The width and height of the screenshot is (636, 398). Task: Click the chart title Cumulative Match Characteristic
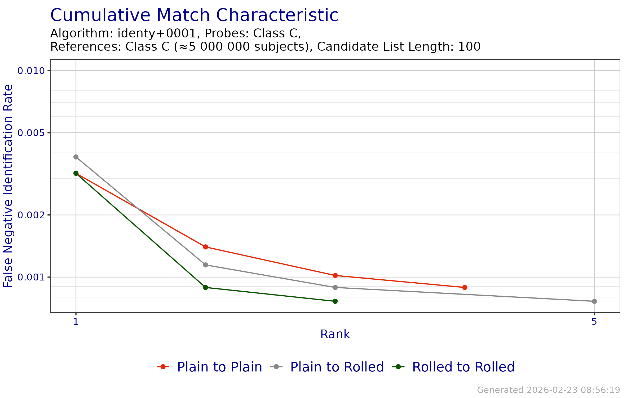194,15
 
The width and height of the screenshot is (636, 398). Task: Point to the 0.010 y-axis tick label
31,71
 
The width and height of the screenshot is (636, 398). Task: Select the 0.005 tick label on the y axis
31,133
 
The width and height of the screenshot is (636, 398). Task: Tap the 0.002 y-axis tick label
31,215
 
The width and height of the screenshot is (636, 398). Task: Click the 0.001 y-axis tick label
31,277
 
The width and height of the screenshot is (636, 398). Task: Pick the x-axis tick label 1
76,322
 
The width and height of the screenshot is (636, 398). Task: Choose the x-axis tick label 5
594,322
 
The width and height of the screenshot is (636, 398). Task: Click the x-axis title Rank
335,334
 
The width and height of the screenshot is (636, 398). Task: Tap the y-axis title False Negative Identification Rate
8,186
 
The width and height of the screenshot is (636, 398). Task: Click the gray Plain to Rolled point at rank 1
76,157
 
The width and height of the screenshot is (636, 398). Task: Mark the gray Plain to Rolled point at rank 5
594,301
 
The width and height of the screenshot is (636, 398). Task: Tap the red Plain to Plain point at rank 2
206,247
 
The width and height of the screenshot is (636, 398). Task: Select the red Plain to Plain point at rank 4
465,287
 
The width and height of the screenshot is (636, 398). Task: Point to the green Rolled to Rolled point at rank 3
335,301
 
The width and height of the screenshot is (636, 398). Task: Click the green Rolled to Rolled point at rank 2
206,287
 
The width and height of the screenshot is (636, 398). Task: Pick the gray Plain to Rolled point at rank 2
206,265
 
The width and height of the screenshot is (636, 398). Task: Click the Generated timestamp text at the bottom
549,390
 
